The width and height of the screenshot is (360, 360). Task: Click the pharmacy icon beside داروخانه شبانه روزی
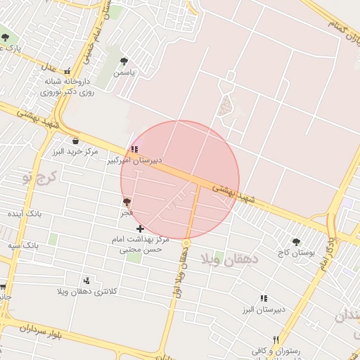tap(67, 71)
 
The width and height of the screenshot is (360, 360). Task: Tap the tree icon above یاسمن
tap(124, 61)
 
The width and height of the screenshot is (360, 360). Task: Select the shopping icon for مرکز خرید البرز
tap(75, 141)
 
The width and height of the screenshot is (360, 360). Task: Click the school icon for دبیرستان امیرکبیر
tap(134, 149)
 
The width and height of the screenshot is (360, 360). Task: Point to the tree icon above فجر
tap(127, 202)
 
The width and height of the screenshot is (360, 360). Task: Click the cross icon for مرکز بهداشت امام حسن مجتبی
tap(141, 229)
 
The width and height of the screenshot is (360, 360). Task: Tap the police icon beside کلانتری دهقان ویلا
tap(86, 281)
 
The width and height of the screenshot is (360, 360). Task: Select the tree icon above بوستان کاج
tap(296, 241)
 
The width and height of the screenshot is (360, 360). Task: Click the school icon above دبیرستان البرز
tap(264, 298)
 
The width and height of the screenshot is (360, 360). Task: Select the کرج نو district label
tap(37, 176)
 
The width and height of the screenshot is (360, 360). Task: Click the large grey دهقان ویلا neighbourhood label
tap(231, 259)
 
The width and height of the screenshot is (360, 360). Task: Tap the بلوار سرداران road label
tap(32, 330)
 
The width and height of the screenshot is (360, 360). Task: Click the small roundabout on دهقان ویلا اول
tap(186, 243)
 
